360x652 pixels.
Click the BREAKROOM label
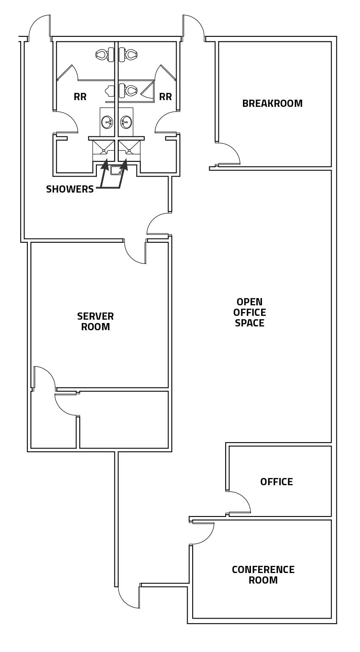(x=272, y=103)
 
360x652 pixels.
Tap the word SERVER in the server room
(x=95, y=316)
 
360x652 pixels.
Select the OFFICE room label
(x=276, y=482)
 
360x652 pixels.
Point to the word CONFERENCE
(x=263, y=570)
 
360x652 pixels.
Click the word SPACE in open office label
(x=249, y=323)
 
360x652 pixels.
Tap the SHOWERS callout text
(x=70, y=189)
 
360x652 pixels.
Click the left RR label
(x=80, y=97)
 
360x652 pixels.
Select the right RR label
(x=165, y=97)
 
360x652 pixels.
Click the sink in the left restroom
(x=107, y=122)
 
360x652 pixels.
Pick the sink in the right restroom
(x=126, y=122)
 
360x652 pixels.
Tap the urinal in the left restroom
(x=110, y=91)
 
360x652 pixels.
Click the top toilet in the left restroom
(x=102, y=54)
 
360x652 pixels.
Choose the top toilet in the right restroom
(x=131, y=54)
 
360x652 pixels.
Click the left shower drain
(x=104, y=150)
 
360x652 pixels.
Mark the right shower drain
(x=129, y=150)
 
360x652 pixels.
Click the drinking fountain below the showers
(x=116, y=170)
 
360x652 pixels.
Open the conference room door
(x=203, y=533)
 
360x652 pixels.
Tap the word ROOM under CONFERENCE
(x=263, y=580)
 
